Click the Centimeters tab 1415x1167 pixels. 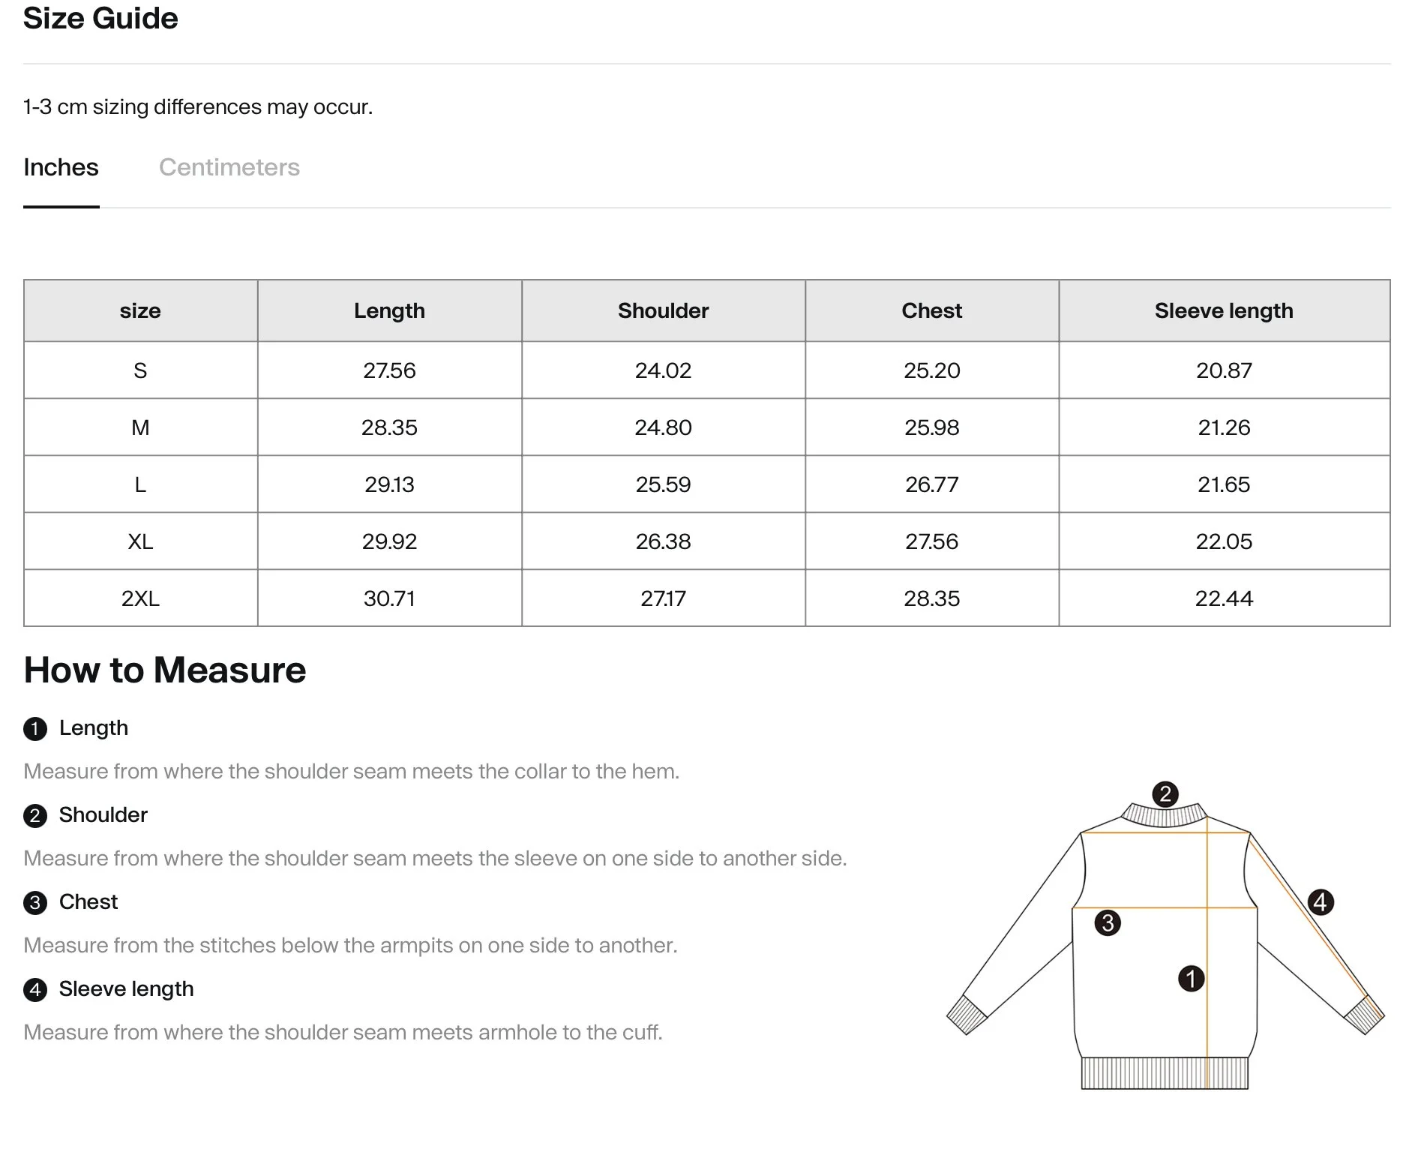pyautogui.click(x=229, y=167)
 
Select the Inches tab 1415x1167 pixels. pyautogui.click(x=61, y=167)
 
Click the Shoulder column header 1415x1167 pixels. pyautogui.click(x=663, y=310)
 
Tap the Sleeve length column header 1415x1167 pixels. pyautogui.click(x=1223, y=310)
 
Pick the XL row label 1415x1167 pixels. pyautogui.click(x=140, y=541)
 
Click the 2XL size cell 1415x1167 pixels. pyautogui.click(x=140, y=598)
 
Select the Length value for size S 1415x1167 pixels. pyautogui.click(x=389, y=370)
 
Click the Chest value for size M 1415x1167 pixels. pyautogui.click(x=931, y=427)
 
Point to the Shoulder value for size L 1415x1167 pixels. pyautogui.click(x=663, y=484)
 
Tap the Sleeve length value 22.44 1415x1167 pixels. pyautogui.click(x=1223, y=598)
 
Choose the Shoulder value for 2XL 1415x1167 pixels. pyautogui.click(x=663, y=598)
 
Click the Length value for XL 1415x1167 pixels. pyautogui.click(x=389, y=541)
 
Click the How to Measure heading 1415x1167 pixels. pyautogui.click(x=165, y=670)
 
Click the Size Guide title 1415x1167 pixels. pyautogui.click(x=100, y=18)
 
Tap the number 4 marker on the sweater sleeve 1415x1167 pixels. pyautogui.click(x=1320, y=901)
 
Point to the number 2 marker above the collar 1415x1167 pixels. pyautogui.click(x=1165, y=794)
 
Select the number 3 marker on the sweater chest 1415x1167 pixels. pyautogui.click(x=1108, y=922)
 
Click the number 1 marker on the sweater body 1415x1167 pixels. pyautogui.click(x=1191, y=978)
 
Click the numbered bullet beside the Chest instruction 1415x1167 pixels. pyautogui.click(x=35, y=902)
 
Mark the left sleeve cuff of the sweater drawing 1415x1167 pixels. pyautogui.click(x=967, y=1015)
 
